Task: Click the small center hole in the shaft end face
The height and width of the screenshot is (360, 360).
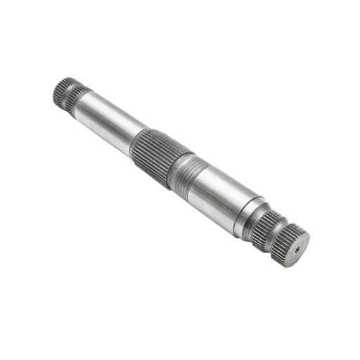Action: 298,248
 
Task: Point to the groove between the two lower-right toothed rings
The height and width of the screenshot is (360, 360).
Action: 276,232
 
